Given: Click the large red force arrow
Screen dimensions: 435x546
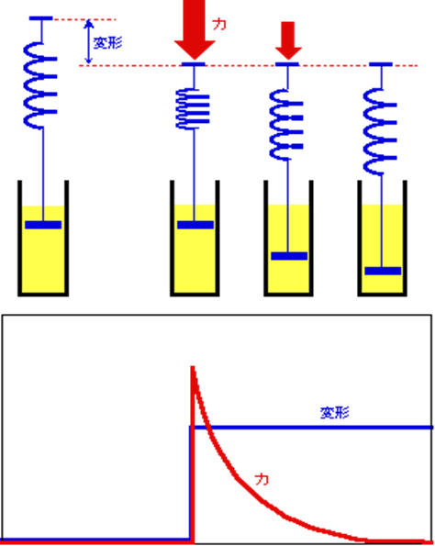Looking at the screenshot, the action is coord(195,29).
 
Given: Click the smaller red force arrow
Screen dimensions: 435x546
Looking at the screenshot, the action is coord(288,40).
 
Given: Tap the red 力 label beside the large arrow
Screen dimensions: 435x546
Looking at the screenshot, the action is coord(219,24).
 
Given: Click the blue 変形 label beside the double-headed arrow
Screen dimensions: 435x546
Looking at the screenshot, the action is coord(107,43).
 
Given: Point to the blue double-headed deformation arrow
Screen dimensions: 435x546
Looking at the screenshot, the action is coord(89,42).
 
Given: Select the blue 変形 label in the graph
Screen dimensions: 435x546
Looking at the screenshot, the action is coord(334,413).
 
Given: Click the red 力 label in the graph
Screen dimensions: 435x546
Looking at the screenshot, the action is coord(262,480).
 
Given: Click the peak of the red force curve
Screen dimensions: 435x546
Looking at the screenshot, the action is coord(192,367).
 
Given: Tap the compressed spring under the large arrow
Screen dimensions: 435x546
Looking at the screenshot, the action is coord(193,108).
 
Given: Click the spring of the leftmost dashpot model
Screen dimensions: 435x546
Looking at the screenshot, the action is coord(40,85).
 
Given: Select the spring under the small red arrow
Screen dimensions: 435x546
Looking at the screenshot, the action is coord(286,125).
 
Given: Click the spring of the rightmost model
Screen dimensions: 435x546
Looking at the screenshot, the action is coord(380,131).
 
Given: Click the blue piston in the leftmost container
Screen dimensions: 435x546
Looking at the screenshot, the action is coord(43,225).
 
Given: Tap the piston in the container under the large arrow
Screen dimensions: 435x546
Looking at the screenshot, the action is coord(195,225).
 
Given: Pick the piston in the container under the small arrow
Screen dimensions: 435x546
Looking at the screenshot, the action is coord(289,256).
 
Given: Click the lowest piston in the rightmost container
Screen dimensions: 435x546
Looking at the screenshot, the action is coord(383,271).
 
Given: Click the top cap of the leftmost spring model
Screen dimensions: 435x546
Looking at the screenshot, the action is coord(41,18).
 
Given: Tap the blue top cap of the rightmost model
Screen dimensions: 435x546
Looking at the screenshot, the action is coord(381,64).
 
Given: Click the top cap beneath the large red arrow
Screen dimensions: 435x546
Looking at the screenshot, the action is coord(194,64).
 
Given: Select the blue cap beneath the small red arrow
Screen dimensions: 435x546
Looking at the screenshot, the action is coord(287,64).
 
